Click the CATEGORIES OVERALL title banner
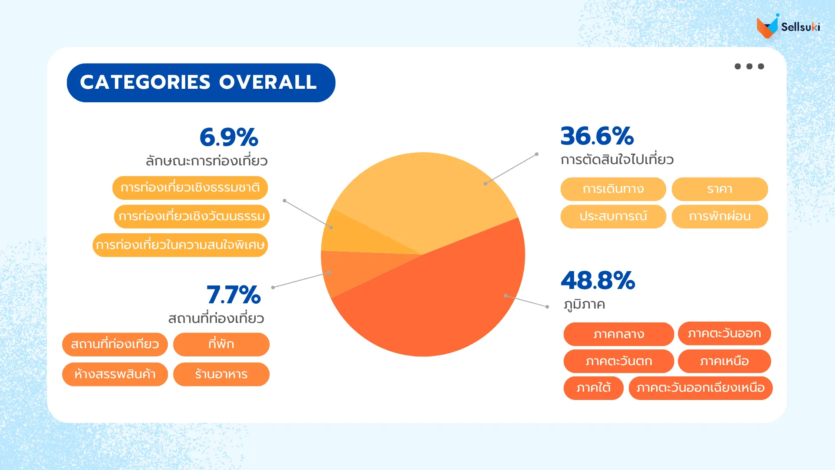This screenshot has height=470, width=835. (x=200, y=83)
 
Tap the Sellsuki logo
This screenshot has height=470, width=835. (x=788, y=27)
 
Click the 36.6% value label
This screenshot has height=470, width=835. (x=597, y=136)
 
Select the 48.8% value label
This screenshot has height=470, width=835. (x=598, y=281)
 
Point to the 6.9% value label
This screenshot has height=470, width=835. (x=229, y=138)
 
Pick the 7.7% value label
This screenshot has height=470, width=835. (x=234, y=295)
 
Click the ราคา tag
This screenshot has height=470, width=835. (x=720, y=189)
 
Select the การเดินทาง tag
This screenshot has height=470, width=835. (x=613, y=189)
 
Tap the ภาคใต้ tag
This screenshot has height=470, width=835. (x=593, y=388)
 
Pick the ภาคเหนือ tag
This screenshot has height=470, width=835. (x=724, y=361)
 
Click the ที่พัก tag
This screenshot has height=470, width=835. (x=221, y=344)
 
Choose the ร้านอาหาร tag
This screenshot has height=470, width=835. (x=221, y=374)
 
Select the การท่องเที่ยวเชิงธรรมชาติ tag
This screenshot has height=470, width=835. (x=190, y=188)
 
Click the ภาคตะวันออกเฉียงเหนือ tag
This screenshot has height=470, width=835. (x=700, y=388)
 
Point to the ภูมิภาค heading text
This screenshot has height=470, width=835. (x=584, y=304)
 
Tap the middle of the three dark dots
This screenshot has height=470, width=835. (x=749, y=67)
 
